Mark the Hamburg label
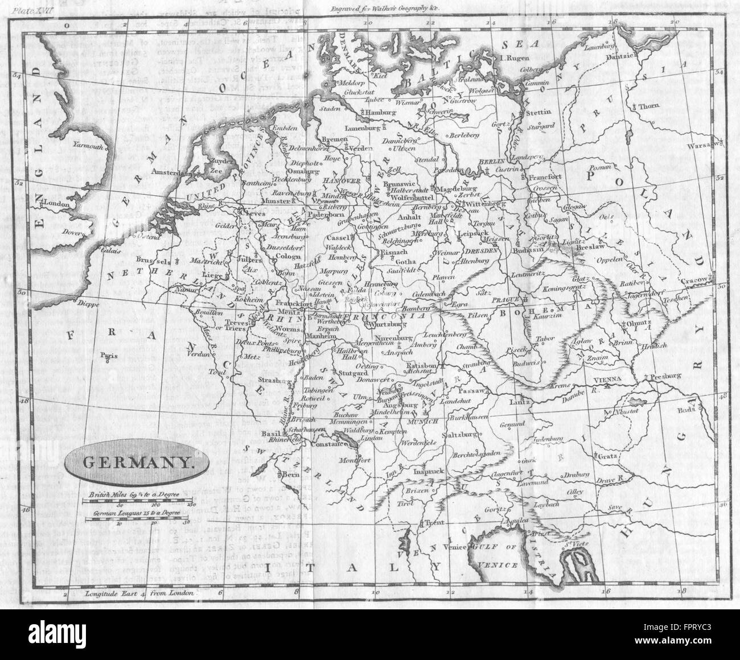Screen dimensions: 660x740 click(x=383, y=113)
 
